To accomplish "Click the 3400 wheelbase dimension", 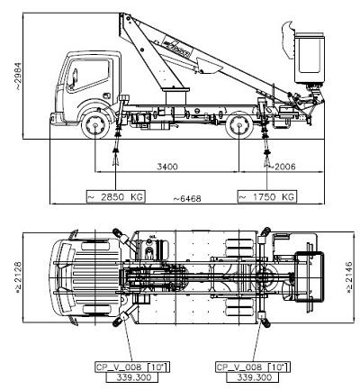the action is tap(167, 167).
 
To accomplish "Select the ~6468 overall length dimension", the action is tap(187, 198).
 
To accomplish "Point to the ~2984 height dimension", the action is tap(18, 76).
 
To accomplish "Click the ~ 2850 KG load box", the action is tap(115, 196).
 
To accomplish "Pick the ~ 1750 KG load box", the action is tap(266, 196).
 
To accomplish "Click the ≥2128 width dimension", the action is tap(18, 277).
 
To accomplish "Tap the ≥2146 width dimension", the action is tap(349, 277).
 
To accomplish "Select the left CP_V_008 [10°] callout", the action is tap(132, 367).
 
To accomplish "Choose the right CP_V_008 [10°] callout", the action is tap(253, 367).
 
